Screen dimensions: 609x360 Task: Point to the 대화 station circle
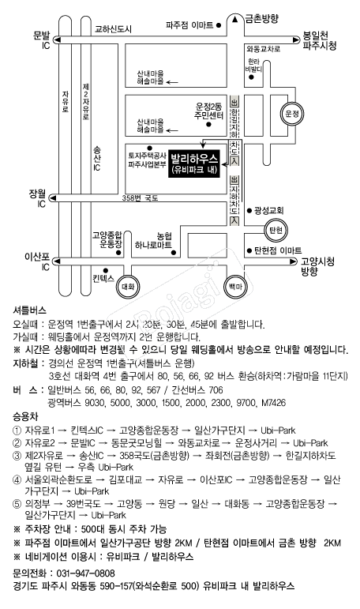[129, 285]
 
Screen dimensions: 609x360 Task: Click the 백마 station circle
[235, 284]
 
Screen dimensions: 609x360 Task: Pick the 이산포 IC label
[36, 262]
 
